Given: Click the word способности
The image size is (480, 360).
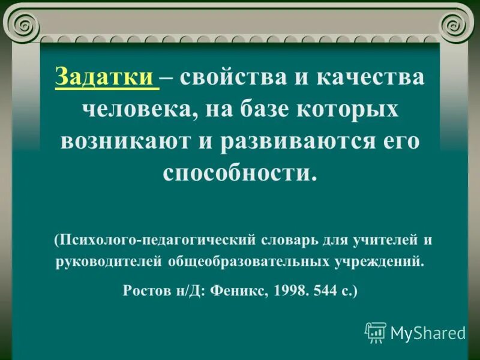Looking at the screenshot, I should pyautogui.click(x=238, y=173).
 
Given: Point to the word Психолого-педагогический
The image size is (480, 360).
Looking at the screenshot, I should pyautogui.click(x=157, y=241).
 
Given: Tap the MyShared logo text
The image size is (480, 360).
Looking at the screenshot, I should pyautogui.click(x=428, y=333).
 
